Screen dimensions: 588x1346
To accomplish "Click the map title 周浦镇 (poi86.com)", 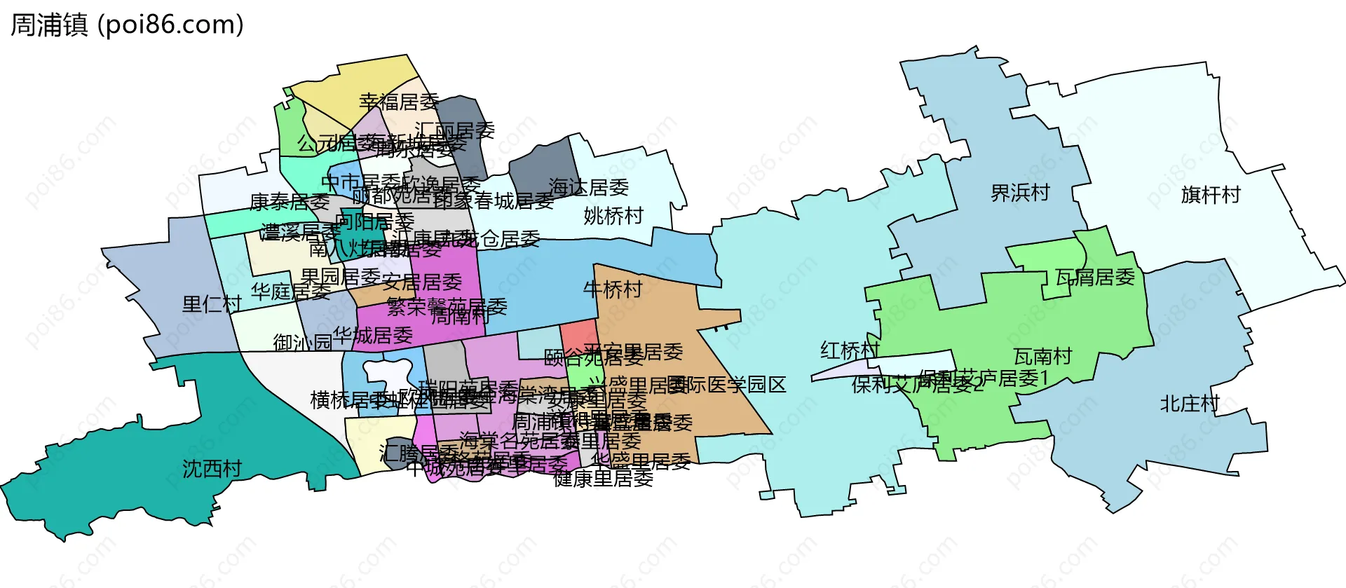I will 127,25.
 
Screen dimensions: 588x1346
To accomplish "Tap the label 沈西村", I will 212,469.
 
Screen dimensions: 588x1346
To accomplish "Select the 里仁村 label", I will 212,304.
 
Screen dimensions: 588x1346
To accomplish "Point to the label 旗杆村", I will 1211,195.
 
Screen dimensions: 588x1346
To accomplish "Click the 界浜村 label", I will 1020,193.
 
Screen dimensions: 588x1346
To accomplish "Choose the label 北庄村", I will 1190,404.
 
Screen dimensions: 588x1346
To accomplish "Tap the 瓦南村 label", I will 1042,357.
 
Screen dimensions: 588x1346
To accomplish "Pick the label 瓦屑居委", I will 1095,278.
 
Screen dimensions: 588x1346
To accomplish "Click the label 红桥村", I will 850,350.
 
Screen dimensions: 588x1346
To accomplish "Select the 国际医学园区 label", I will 728,385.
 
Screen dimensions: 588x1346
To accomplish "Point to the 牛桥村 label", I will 613,289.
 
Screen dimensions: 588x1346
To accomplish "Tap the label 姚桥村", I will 613,216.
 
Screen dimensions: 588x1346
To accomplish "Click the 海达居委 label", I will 588,188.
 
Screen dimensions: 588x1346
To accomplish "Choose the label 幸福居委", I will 399,102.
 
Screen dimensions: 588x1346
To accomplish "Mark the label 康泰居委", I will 290,203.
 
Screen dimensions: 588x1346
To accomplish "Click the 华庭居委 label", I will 290,292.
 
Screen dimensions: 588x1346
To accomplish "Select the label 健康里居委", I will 603,479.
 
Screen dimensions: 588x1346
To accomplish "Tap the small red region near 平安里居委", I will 578,334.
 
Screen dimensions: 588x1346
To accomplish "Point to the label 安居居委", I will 422,282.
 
